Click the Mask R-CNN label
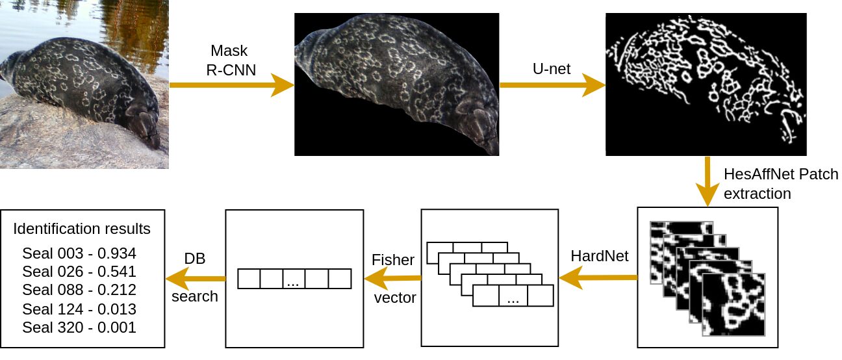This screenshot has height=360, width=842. click(x=229, y=61)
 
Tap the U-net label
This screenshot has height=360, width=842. click(x=551, y=68)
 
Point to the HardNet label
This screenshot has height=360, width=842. click(x=599, y=256)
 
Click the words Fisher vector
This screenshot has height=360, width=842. click(x=392, y=279)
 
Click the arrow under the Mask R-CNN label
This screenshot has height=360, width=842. click(x=231, y=85)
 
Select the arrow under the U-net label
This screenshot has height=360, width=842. click(x=551, y=85)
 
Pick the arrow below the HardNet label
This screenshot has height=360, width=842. click(x=598, y=278)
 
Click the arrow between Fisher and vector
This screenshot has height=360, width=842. click(x=392, y=279)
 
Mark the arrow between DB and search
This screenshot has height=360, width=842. click(x=195, y=278)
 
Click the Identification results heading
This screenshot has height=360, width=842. click(x=82, y=229)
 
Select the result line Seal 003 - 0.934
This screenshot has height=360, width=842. click(x=79, y=253)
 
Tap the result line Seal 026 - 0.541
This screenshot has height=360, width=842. click(x=79, y=272)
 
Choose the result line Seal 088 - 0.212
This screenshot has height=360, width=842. click(x=79, y=290)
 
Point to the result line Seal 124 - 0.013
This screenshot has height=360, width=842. click(x=79, y=309)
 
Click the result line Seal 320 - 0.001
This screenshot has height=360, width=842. click(x=79, y=327)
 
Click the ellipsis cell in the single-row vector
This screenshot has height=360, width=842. click(x=294, y=279)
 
